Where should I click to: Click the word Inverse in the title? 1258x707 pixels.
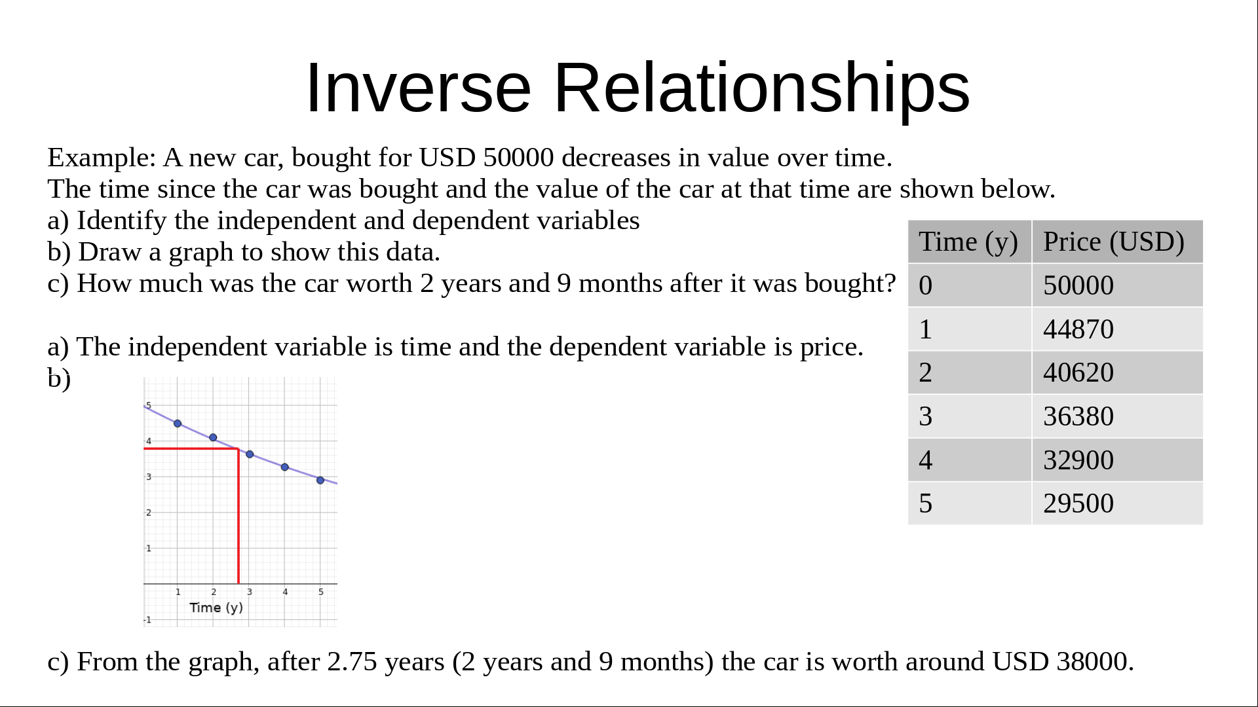tap(418, 88)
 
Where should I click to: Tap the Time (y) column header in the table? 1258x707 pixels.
tap(969, 242)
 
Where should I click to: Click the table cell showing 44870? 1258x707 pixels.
tap(1117, 329)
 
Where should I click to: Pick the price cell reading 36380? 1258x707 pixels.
tap(1117, 416)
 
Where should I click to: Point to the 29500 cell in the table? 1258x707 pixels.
tap(1117, 503)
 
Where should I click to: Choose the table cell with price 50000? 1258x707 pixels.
tap(1117, 285)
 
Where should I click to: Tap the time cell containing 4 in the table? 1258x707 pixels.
tap(969, 460)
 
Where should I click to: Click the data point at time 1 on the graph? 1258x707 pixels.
tap(178, 424)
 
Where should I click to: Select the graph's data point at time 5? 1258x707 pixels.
tap(320, 480)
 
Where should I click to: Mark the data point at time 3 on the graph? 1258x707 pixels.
tap(250, 454)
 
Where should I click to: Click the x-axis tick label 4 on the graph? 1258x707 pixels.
tap(285, 592)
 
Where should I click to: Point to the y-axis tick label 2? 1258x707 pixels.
tap(149, 513)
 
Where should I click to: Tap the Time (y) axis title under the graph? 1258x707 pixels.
tap(216, 607)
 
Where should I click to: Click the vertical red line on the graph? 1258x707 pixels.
tap(238, 516)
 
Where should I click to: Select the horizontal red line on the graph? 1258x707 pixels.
tap(191, 448)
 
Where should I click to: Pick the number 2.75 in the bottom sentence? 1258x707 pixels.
tap(353, 662)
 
